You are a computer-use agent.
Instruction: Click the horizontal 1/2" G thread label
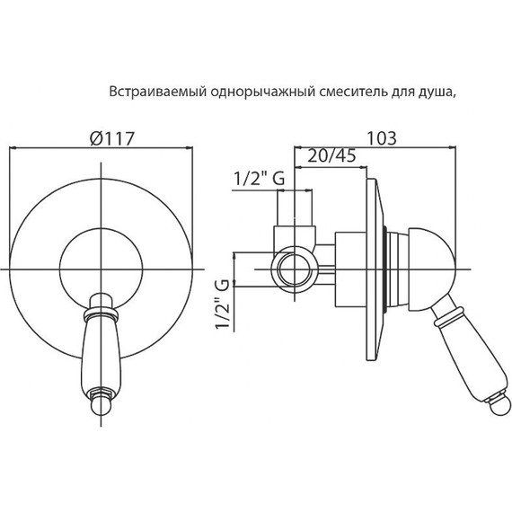click(259, 179)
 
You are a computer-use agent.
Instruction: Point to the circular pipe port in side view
click(292, 267)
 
